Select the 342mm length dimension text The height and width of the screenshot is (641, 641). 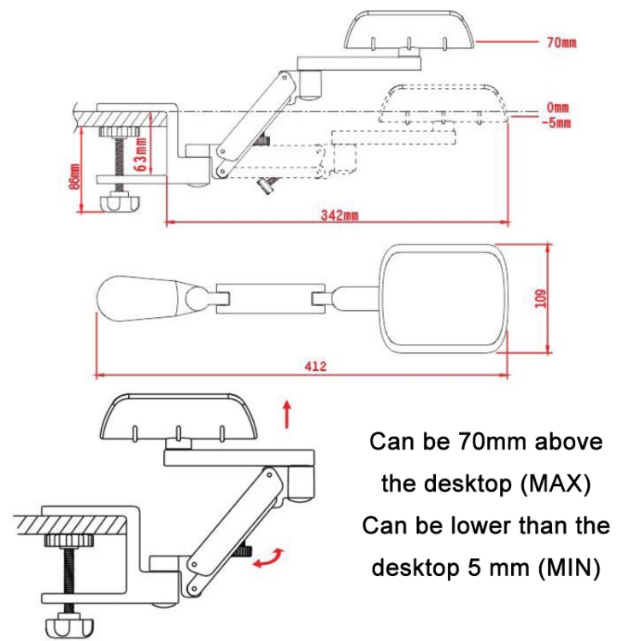pyautogui.click(x=338, y=215)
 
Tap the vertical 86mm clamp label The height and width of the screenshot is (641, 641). pyautogui.click(x=75, y=175)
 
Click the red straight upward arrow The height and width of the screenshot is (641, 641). pyautogui.click(x=287, y=413)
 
